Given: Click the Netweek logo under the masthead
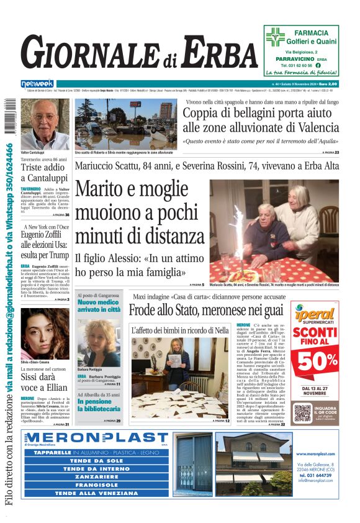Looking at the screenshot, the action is tap(37, 83).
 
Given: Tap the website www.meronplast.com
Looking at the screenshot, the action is tap(316, 454).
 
